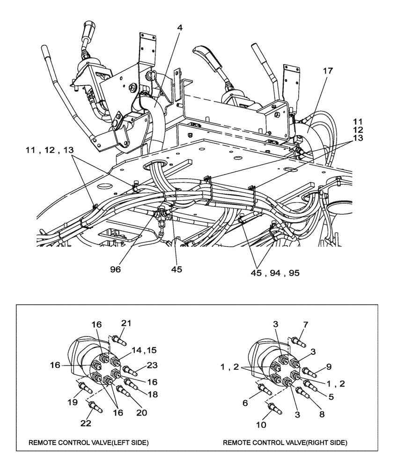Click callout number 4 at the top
tap(180, 28)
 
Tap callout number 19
tap(74, 402)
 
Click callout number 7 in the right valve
tap(306, 324)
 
